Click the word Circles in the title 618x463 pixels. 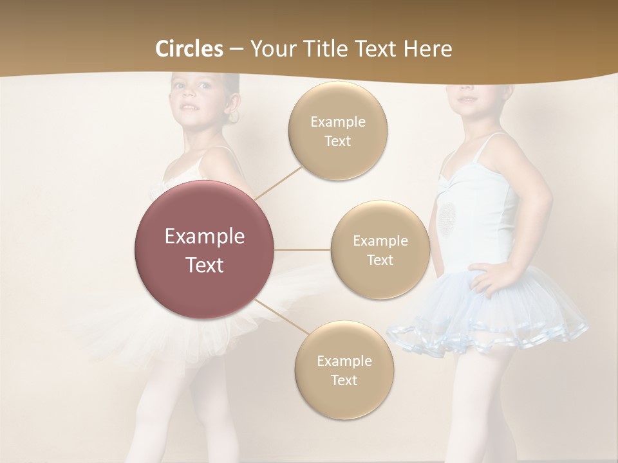click(189, 49)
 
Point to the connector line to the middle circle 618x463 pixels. click(303, 250)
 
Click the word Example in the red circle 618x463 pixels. click(204, 237)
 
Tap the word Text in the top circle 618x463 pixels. click(337, 141)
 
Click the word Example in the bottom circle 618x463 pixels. click(344, 361)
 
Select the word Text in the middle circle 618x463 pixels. click(380, 260)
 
